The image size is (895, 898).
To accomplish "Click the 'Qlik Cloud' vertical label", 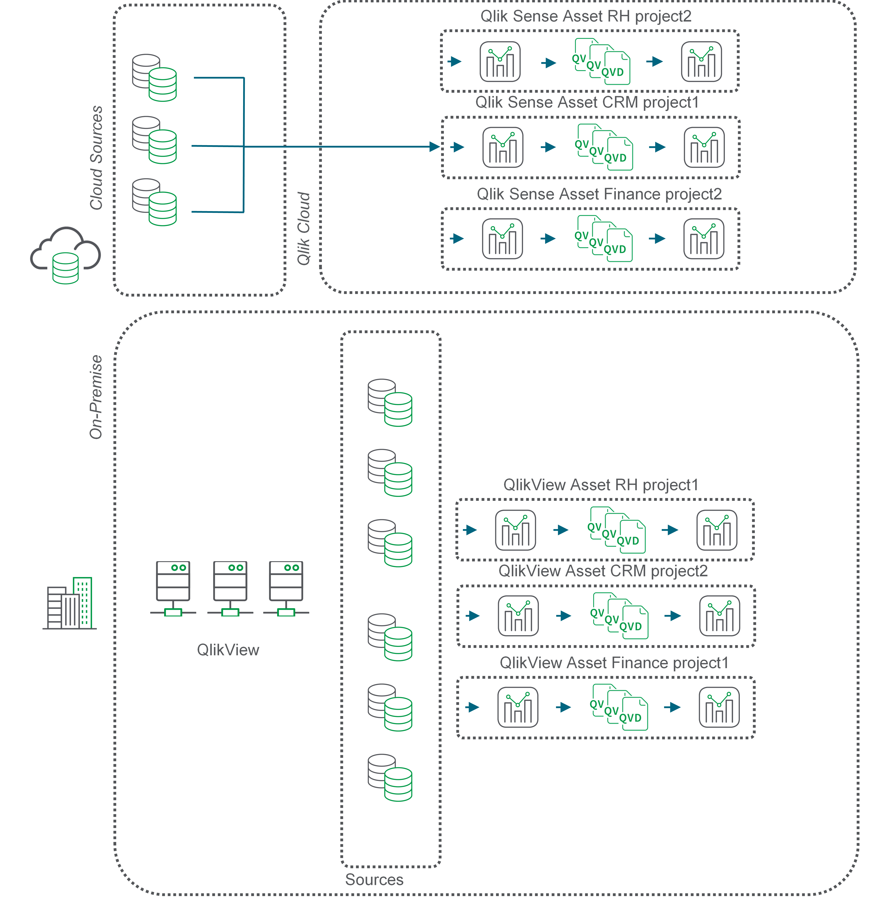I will [x=303, y=229].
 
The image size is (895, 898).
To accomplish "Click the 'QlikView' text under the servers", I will [x=228, y=650].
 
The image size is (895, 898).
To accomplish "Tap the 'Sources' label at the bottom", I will [x=374, y=879].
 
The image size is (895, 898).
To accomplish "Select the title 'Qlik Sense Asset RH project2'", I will [x=586, y=16].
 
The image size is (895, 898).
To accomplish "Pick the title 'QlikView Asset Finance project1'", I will [x=614, y=663].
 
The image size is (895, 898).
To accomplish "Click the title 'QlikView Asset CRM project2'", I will [x=603, y=571].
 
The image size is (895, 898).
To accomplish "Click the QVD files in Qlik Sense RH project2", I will [x=603, y=63].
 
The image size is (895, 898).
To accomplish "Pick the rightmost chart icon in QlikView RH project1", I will [x=717, y=530].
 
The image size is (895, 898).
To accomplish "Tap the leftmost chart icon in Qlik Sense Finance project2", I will [x=502, y=239].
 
